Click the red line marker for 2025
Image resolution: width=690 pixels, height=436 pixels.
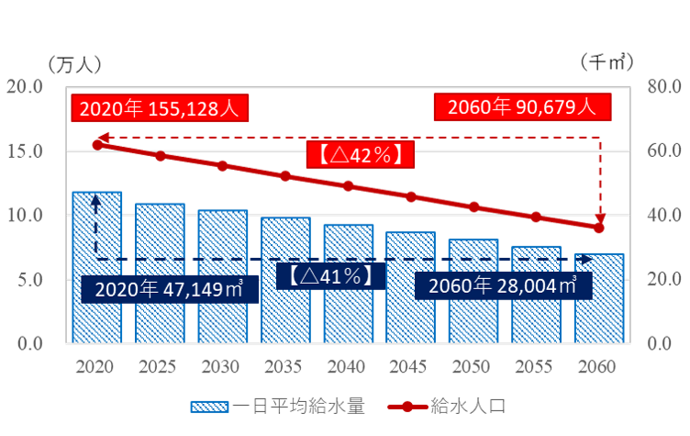point(160,156)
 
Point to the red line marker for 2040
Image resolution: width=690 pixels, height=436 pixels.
point(348,185)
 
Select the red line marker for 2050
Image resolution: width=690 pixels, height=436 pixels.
point(473,207)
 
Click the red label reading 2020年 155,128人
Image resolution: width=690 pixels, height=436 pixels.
point(158,108)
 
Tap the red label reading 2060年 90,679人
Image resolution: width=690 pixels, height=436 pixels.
point(522,106)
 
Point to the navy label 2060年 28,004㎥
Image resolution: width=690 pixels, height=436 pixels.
point(501,285)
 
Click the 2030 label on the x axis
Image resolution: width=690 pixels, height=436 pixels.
point(222,367)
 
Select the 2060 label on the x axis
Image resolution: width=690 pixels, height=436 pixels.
point(598,367)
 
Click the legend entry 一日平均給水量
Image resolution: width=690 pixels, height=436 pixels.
point(276,406)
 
